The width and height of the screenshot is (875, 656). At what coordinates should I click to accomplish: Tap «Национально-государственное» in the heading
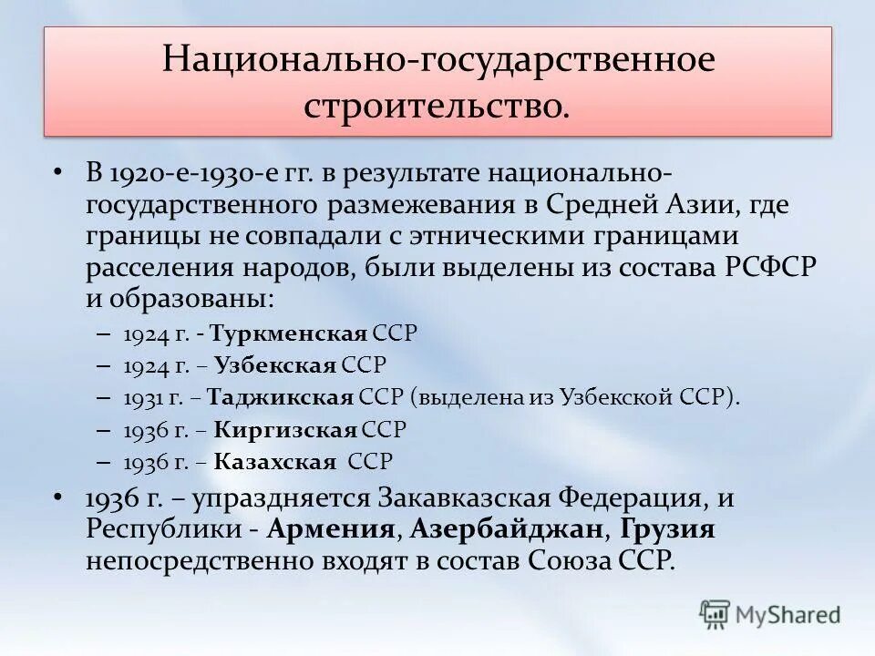click(x=437, y=60)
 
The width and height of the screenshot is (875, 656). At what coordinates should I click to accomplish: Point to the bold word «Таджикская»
click(x=280, y=397)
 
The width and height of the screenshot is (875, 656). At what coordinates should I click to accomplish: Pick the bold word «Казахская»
click(x=275, y=461)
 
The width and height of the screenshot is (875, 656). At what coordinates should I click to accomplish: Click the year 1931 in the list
click(x=141, y=397)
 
